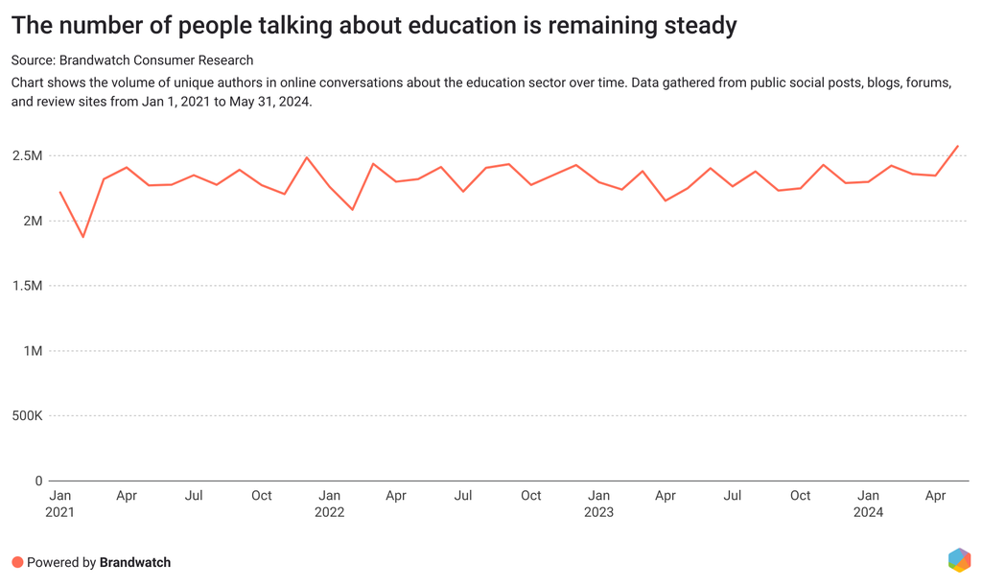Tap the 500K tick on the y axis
point(24,416)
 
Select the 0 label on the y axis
point(38,481)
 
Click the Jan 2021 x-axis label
point(59,504)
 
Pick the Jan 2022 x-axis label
point(329,504)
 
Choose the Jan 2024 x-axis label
point(868,504)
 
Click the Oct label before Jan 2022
point(261,496)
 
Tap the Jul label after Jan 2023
point(733,496)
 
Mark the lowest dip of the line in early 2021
point(83,237)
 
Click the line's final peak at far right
point(958,146)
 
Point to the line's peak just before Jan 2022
point(307,157)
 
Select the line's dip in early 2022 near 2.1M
point(352,209)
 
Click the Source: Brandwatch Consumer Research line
point(132,60)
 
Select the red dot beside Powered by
point(17,562)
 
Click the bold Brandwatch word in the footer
point(135,562)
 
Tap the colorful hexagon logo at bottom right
point(958,559)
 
